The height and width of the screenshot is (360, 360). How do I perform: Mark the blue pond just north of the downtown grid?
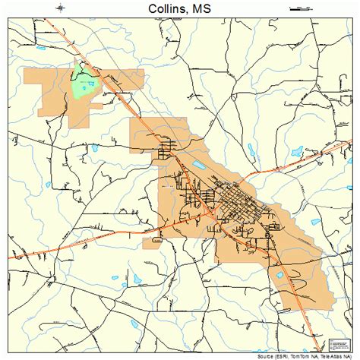click(x=199, y=165)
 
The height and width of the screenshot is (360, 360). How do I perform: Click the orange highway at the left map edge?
click(x=12, y=258)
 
